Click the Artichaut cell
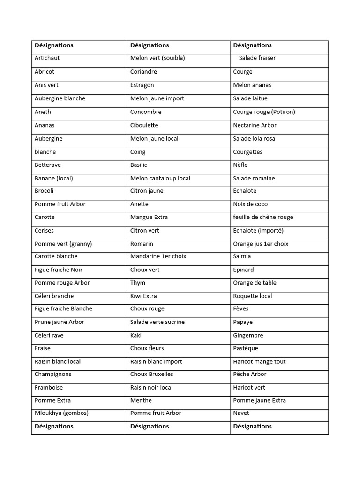coord(47,58)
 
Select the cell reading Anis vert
coord(46,85)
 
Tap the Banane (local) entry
coord(54,179)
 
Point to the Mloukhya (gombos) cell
coord(61,413)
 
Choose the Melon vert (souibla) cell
coord(157,58)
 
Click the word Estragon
coord(142,85)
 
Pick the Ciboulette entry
coord(144,126)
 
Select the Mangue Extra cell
coord(149,217)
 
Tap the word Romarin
coord(142,244)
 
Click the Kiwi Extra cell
coord(143,296)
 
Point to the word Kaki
coord(136,336)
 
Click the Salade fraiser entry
coord(257,58)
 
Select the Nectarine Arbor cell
coord(255,126)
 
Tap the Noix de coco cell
coord(250,204)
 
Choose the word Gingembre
coord(248,336)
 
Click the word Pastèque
coord(246,349)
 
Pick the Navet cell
coord(241,413)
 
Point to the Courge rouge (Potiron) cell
coord(264,112)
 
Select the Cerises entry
coord(44,231)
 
